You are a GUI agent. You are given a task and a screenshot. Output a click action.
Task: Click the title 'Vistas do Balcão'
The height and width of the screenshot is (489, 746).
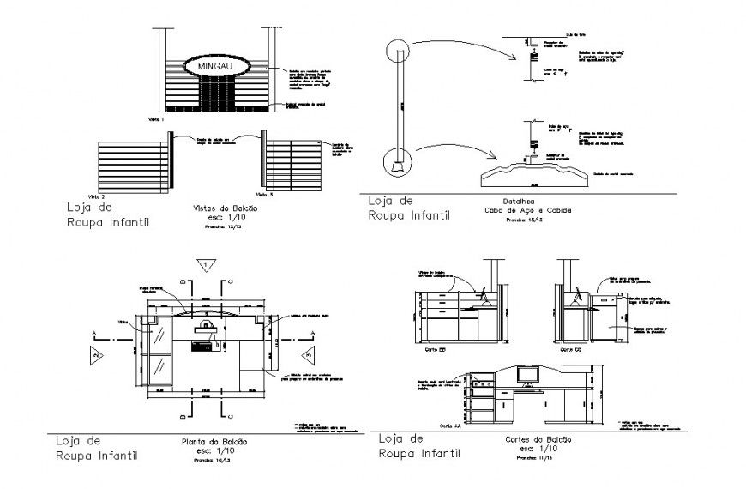click(x=209, y=208)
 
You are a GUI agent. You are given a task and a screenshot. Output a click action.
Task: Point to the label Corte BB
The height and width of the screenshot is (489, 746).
click(x=435, y=350)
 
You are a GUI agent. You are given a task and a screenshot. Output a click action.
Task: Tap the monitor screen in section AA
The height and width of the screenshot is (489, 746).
click(x=526, y=375)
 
